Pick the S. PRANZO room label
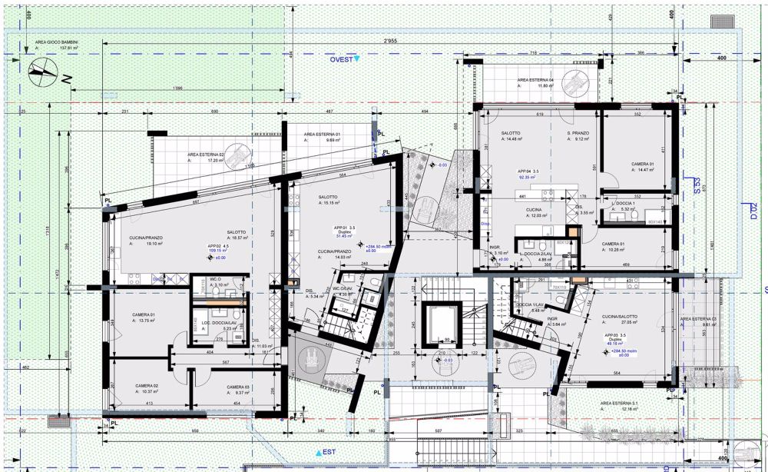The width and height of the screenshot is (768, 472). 578,134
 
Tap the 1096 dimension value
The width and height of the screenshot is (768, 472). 177,88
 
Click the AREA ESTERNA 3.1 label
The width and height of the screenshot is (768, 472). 619,403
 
